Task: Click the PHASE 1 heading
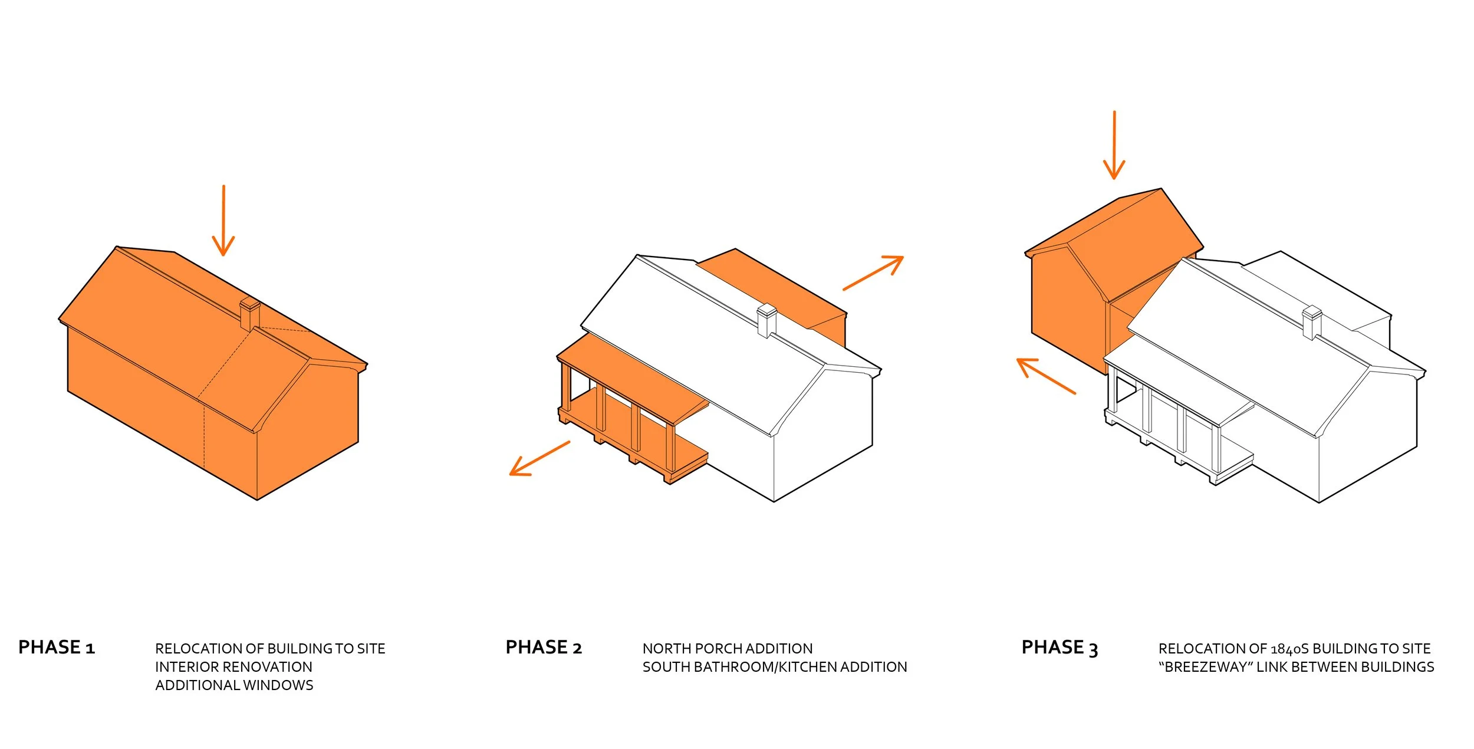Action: click(57, 648)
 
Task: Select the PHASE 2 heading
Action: click(544, 648)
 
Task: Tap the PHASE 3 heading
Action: click(1060, 648)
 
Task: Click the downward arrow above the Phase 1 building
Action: click(223, 221)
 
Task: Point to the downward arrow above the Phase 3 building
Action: click(1114, 145)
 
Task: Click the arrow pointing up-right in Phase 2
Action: click(873, 272)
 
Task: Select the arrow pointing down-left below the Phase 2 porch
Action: click(539, 458)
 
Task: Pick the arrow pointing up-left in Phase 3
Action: click(1046, 376)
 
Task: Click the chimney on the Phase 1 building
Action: click(250, 314)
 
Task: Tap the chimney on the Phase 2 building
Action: click(766, 320)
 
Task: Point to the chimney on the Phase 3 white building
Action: click(1312, 323)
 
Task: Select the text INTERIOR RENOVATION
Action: click(233, 667)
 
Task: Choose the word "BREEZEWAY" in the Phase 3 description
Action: click(1205, 667)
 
